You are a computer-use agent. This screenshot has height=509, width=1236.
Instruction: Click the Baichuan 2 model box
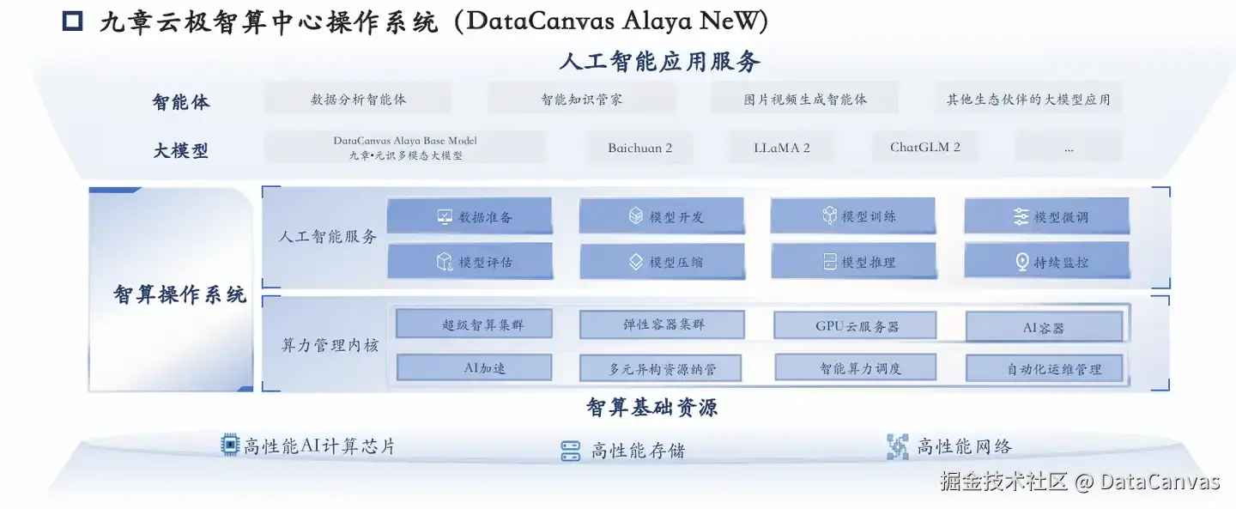640,148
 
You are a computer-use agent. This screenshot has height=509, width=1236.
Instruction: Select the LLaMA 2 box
782,148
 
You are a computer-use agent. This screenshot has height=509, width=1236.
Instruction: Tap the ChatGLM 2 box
925,147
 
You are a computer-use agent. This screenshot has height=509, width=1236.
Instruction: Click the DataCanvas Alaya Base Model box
405,148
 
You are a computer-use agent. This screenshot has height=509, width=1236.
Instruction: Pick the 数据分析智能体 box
358,99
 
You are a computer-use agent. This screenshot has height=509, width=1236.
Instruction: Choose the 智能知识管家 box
581,99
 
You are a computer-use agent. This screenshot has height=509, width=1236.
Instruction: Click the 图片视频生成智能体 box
804,99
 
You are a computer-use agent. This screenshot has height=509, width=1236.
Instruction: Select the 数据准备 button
470,216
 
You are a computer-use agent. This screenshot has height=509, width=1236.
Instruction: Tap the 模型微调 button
1046,216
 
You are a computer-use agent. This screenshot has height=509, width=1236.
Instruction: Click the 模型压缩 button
662,262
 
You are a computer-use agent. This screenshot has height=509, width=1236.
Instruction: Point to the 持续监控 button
1046,262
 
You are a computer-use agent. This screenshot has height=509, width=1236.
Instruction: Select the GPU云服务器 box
842,326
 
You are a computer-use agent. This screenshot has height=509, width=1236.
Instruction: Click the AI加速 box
474,368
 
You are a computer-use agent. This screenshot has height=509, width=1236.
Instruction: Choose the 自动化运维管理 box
1044,369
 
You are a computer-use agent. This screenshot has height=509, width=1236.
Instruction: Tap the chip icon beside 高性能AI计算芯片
229,445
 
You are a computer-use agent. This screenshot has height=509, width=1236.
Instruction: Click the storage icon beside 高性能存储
571,451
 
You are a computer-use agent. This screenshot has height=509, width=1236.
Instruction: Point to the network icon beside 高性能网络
897,446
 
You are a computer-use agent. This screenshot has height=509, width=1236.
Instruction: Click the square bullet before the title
73,21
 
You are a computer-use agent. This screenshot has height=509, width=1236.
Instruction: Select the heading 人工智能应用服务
659,62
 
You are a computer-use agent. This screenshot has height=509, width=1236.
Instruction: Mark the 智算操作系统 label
179,294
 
